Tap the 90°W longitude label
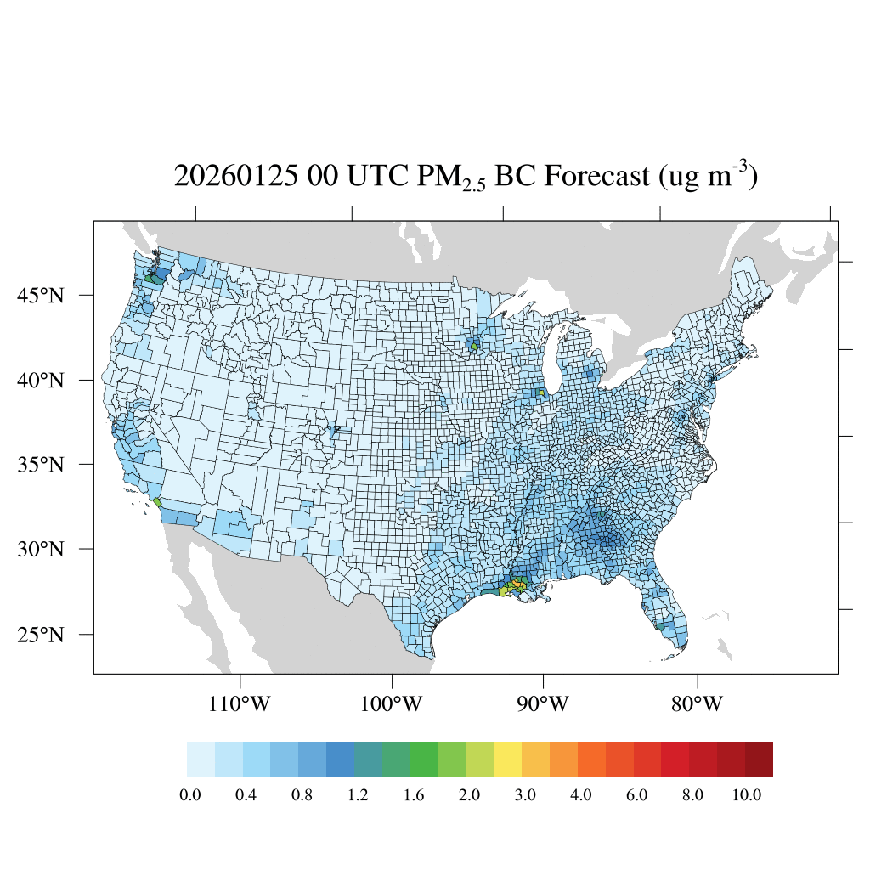[x=543, y=704]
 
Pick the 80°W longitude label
[x=698, y=704]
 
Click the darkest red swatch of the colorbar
[x=759, y=760]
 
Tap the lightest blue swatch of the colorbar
[x=201, y=760]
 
